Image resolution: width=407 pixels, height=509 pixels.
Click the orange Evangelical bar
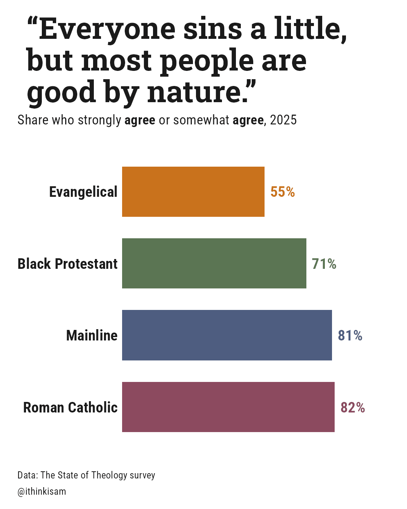(193, 192)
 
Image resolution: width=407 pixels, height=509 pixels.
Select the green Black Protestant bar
(214, 263)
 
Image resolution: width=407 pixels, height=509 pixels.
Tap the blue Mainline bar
(227, 335)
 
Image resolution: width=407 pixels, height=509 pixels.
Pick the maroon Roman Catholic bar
(228, 407)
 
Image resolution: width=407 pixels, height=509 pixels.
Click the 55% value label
(283, 192)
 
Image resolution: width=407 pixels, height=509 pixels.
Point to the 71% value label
(324, 264)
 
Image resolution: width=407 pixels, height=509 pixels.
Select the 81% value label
(350, 336)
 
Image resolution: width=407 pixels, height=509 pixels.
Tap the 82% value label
(353, 408)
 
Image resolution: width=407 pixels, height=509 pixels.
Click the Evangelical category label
(83, 192)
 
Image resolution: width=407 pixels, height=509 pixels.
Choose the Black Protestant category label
(67, 264)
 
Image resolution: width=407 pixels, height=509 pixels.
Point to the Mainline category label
(92, 336)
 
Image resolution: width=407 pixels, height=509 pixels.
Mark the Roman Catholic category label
(70, 407)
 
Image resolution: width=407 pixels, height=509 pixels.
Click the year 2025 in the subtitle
(283, 120)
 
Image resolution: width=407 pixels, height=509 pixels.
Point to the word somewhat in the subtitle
(201, 120)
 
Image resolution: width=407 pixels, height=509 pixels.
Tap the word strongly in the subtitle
(99, 120)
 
